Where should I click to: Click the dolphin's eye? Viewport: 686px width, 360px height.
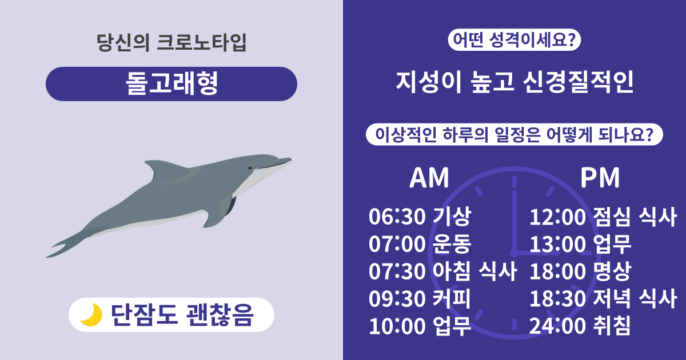(250, 167)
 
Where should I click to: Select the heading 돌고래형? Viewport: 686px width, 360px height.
(171, 85)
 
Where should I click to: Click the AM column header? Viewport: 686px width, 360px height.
(429, 178)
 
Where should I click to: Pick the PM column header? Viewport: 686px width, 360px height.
(600, 178)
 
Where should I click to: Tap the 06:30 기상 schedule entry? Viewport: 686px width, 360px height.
(420, 217)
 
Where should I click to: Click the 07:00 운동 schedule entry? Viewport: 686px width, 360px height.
(420, 245)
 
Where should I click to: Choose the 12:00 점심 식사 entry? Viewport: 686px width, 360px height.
(603, 217)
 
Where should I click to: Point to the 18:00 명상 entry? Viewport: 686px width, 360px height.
(580, 272)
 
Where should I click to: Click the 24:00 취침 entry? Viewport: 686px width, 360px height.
(580, 326)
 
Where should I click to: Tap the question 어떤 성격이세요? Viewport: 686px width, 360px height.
(514, 40)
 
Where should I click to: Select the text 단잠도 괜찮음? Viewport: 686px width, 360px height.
(181, 315)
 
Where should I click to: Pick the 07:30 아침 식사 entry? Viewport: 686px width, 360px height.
(443, 272)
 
